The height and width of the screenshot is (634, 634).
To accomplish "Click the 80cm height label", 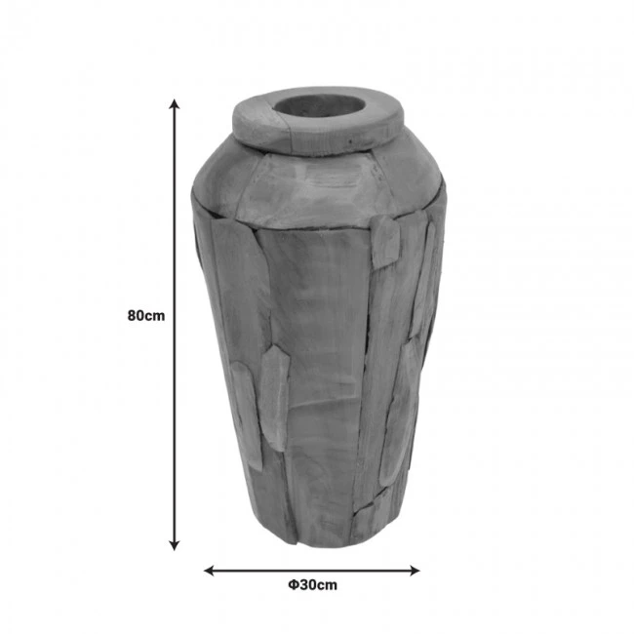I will coord(145,316).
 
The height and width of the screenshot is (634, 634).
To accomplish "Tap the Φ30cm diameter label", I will coord(312,585).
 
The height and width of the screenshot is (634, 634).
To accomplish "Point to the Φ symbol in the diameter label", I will coord(293,585).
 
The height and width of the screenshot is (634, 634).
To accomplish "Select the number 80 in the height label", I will coord(138,316).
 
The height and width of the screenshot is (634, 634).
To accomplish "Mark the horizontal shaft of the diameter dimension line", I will coord(312,570).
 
